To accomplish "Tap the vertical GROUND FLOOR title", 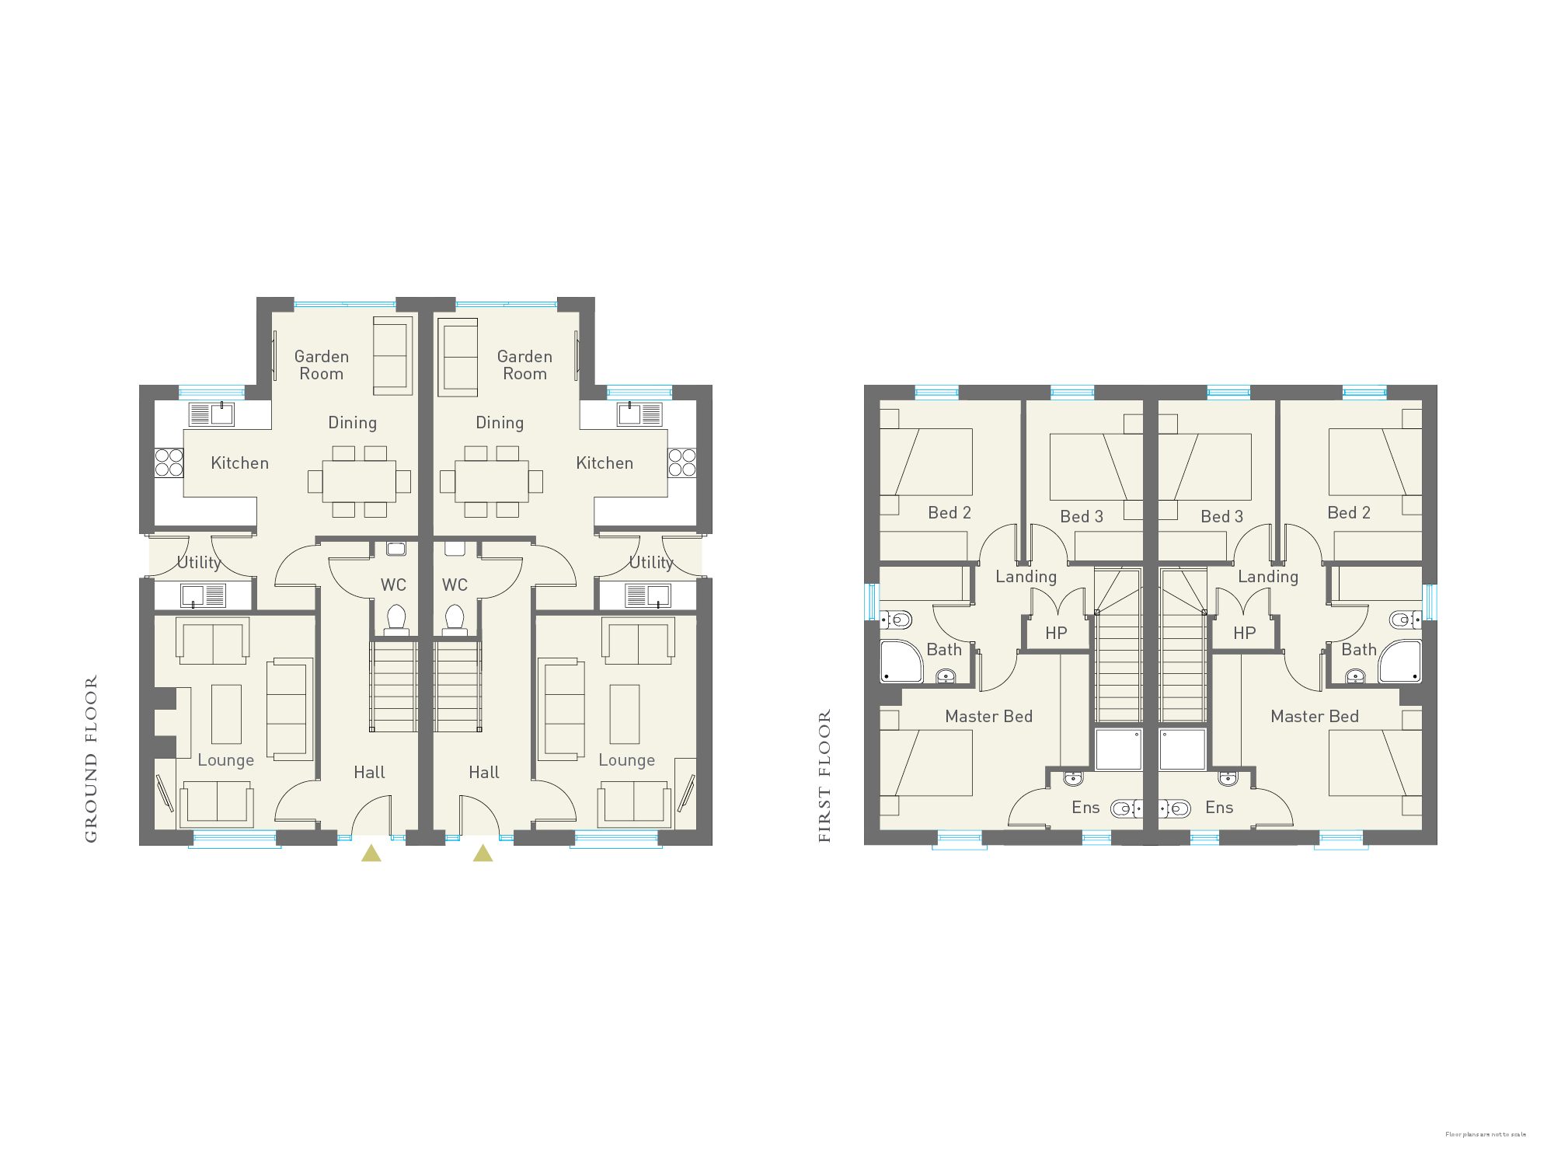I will [91, 759].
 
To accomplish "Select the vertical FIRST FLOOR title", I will [824, 776].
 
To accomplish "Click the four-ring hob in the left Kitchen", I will [169, 463].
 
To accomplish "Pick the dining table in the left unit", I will [359, 481].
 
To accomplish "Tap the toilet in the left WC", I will [396, 619].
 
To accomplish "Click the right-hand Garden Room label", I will [524, 365].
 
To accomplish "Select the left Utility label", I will [199, 562].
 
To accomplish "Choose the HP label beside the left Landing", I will [1056, 633].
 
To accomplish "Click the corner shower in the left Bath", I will [900, 662].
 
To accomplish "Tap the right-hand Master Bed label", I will [1315, 716].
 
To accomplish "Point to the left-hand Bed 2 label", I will [949, 512].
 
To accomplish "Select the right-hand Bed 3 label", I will [1221, 516].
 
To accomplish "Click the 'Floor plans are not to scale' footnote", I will [1485, 1134].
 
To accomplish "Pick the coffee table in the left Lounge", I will [226, 714].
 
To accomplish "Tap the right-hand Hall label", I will [483, 772].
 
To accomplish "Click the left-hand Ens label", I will [1085, 807].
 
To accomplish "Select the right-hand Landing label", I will [1268, 576].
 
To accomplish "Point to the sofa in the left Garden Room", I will [392, 356].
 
